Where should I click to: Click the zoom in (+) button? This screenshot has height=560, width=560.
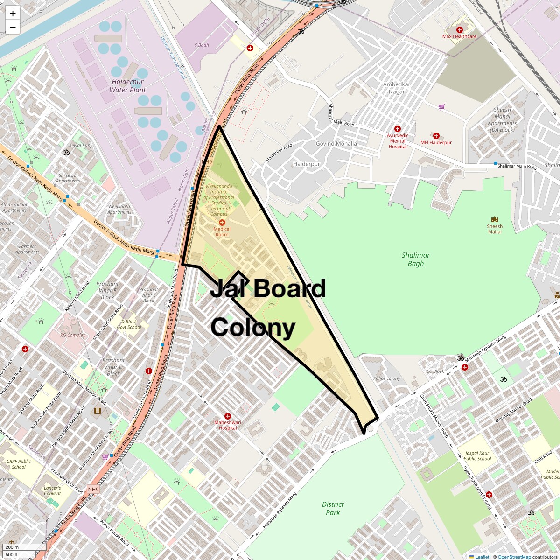pos(13,14)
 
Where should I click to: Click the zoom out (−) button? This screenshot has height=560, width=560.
pos(13,28)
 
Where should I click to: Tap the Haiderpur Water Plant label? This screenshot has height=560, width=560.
pos(127,86)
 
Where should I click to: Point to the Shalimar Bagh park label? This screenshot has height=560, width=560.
pos(415,259)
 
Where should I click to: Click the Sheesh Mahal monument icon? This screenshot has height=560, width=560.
pos(495,219)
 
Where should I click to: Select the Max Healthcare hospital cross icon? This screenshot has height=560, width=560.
pos(460,30)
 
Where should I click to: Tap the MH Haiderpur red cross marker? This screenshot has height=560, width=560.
pos(436,136)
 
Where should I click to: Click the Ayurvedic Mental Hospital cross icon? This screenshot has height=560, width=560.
pos(398,129)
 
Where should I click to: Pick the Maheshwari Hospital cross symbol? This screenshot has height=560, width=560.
pos(228,416)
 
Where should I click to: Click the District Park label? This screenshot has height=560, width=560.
pos(333,508)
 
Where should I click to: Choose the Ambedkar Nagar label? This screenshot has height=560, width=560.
pos(397,88)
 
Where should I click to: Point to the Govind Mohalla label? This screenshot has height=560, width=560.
pos(336,144)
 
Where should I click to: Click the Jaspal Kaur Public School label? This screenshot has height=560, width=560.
pos(477,456)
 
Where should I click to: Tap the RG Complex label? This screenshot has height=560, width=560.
pos(73,335)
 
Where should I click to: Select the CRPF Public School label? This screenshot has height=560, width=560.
pos(19,464)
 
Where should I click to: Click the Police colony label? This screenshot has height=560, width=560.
pos(386,378)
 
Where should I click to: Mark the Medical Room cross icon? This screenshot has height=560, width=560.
pos(222,223)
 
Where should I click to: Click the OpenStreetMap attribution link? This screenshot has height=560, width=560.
pos(514,557)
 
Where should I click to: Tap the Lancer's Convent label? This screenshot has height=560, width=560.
pos(52,490)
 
